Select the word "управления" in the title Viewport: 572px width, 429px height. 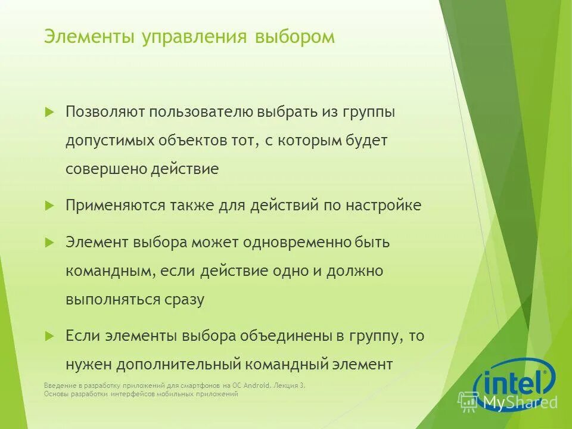[194, 38]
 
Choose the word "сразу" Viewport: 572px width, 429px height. [184, 300]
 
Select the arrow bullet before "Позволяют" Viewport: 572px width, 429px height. [49, 111]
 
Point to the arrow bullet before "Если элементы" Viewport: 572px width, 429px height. [49, 335]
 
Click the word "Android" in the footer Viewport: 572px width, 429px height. [256, 386]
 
